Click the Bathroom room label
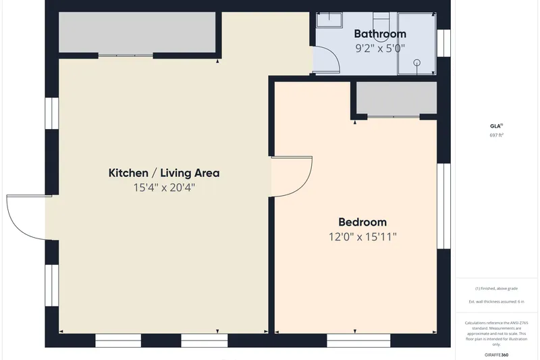click(x=380, y=34)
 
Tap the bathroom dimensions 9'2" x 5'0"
click(x=380, y=48)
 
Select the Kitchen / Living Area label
click(x=164, y=173)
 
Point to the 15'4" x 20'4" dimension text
click(x=164, y=188)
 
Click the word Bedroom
click(x=362, y=222)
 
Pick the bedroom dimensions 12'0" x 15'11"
click(x=362, y=237)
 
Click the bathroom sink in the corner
click(x=329, y=20)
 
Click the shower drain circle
click(x=416, y=63)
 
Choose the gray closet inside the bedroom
click(x=396, y=98)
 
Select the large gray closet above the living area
click(x=137, y=32)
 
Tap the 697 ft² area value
click(x=497, y=135)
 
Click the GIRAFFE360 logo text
click(x=496, y=355)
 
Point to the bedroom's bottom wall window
click(x=358, y=340)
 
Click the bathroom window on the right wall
click(x=444, y=43)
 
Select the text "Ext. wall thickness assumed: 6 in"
click(x=496, y=301)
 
